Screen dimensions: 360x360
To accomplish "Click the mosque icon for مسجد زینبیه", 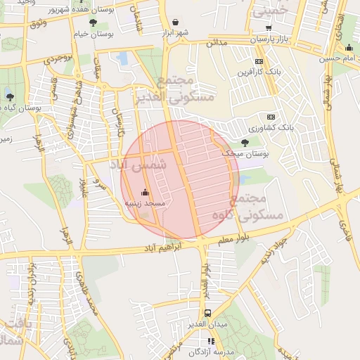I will [x=146, y=192].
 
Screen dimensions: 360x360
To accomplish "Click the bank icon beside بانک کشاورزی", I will [x=271, y=117].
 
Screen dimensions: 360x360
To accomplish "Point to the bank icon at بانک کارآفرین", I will [x=259, y=61].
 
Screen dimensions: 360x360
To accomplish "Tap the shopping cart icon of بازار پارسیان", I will [x=269, y=27].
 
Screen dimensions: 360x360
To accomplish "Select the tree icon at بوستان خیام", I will [x=83, y=23].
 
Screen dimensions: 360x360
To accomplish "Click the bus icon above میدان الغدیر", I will [x=207, y=314].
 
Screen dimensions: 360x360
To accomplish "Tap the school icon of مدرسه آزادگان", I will [x=211, y=341].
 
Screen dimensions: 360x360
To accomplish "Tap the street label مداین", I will [x=216, y=43].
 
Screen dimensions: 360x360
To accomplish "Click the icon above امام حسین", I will [x=349, y=48].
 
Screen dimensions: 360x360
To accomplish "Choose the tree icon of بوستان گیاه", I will [x=9, y=96].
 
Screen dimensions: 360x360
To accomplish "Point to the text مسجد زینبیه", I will [x=145, y=202].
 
